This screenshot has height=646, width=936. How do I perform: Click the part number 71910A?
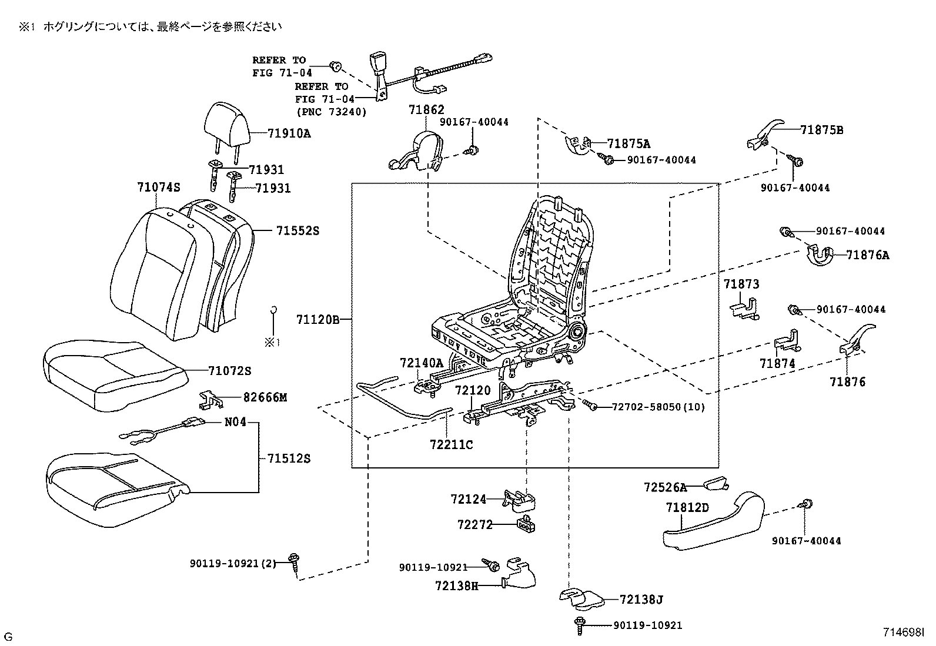click(289, 133)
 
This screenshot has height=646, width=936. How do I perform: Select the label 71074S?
click(158, 188)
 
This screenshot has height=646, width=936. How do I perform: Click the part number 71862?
click(426, 110)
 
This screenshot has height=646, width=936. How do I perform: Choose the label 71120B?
click(317, 320)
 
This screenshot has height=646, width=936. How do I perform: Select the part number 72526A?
click(665, 487)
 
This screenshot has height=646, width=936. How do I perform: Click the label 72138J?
click(641, 600)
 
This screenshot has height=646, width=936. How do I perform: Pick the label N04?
click(235, 422)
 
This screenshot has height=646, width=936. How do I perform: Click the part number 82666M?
click(265, 397)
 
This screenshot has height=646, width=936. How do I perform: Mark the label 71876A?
click(868, 255)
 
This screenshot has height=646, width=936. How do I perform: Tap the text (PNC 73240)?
click(330, 112)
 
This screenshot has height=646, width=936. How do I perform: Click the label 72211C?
click(451, 445)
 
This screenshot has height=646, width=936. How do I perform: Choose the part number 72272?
click(474, 524)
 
